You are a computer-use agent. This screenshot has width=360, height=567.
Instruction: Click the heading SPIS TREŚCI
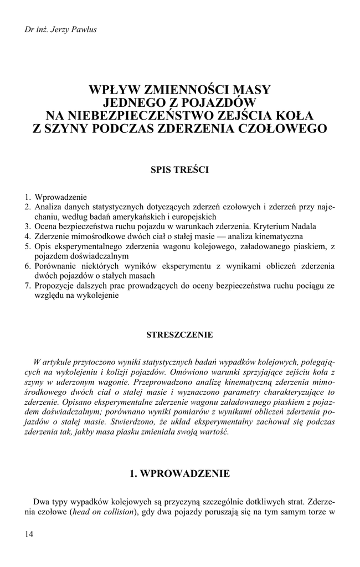pyautogui.click(x=179, y=170)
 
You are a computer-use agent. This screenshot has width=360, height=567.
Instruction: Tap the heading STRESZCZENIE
pyautogui.click(x=179, y=335)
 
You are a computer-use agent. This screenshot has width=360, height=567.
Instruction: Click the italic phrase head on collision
pyautogui.click(x=105, y=513)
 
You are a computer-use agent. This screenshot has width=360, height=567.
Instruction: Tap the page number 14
pyautogui.click(x=29, y=534)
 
